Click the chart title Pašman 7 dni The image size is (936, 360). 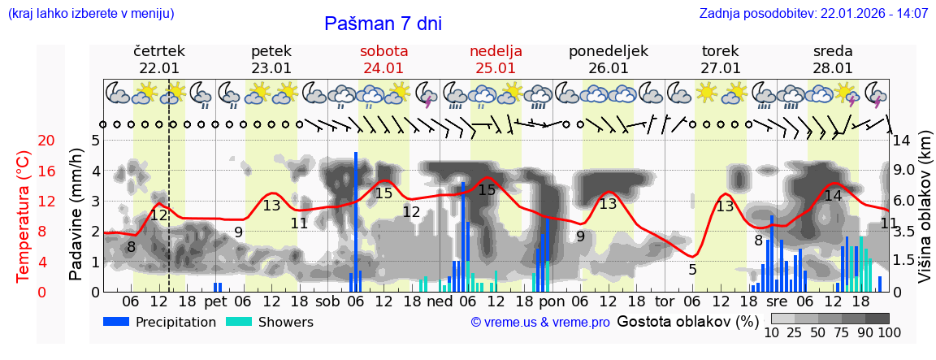(383, 24)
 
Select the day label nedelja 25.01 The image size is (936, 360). (496, 59)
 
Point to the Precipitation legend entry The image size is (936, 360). (160, 322)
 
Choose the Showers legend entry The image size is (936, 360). (269, 322)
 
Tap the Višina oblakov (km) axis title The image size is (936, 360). (925, 216)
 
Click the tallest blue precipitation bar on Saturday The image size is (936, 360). (356, 219)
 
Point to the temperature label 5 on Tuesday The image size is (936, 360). (692, 269)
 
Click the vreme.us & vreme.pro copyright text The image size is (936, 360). (539, 322)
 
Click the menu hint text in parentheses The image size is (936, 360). (90, 13)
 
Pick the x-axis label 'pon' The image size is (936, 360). (552, 301)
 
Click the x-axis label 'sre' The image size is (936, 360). (778, 301)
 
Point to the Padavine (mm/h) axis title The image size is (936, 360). (76, 216)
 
